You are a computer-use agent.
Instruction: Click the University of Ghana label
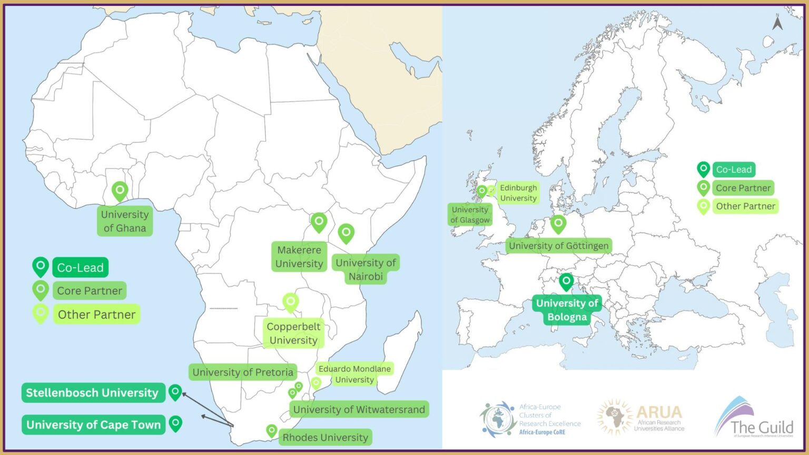pyautogui.click(x=125, y=221)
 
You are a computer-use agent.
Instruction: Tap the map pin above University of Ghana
pyautogui.click(x=120, y=191)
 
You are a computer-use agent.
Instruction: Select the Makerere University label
pyautogui.click(x=299, y=257)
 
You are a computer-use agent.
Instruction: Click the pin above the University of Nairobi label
pyautogui.click(x=346, y=233)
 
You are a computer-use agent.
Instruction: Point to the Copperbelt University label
pyautogui.click(x=293, y=333)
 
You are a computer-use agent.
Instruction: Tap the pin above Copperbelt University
pyautogui.click(x=291, y=302)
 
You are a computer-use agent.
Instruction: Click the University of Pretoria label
pyautogui.click(x=243, y=372)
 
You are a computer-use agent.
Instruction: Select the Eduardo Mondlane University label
pyautogui.click(x=354, y=374)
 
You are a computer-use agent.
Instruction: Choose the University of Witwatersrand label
pyautogui.click(x=359, y=410)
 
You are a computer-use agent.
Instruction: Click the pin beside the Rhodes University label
pyautogui.click(x=271, y=431)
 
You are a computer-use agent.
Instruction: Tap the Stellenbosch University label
pyautogui.click(x=93, y=393)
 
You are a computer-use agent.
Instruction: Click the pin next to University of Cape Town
pyautogui.click(x=175, y=423)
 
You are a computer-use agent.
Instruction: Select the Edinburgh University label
pyautogui.click(x=518, y=193)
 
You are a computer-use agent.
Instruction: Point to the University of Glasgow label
pyautogui.click(x=470, y=215)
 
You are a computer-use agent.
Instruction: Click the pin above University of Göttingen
pyautogui.click(x=558, y=224)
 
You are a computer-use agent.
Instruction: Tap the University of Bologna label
pyautogui.click(x=567, y=310)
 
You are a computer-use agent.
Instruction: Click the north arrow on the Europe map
pyautogui.click(x=777, y=23)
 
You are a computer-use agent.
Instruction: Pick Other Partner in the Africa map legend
pyautogui.click(x=96, y=315)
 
